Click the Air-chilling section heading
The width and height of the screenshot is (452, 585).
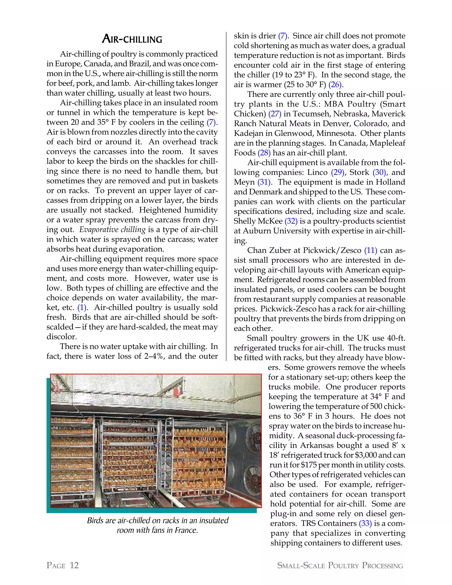pyautogui.click(x=132, y=39)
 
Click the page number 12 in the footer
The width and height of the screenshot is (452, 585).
pyautogui.click(x=74, y=565)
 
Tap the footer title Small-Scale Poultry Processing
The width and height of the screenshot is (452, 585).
pyautogui.click(x=340, y=565)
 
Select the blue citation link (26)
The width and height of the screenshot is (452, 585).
pyautogui.click(x=335, y=85)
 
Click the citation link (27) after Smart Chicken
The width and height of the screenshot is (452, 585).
pyautogui.click(x=275, y=114)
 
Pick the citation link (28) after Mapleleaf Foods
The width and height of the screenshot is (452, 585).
pyautogui.click(x=264, y=153)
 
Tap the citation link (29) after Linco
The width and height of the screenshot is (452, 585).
pyautogui.click(x=337, y=172)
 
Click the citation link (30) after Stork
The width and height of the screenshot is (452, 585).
pyautogui.click(x=379, y=172)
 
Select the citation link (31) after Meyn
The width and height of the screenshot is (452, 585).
pyautogui.click(x=264, y=182)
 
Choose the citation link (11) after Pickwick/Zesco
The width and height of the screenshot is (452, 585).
pyautogui.click(x=371, y=251)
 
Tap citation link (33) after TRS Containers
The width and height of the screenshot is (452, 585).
pyautogui.click(x=365, y=523)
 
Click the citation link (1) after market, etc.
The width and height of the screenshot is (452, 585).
pyautogui.click(x=82, y=308)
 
